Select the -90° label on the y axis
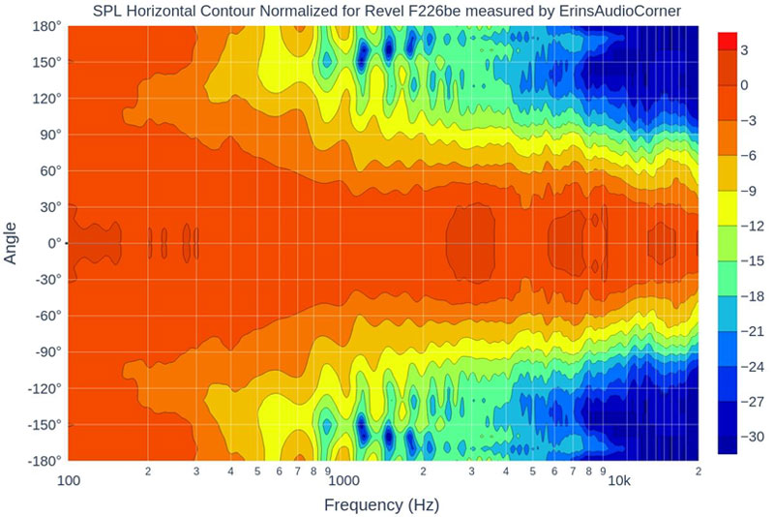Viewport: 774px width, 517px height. point(45,351)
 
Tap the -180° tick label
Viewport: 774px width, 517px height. point(44,460)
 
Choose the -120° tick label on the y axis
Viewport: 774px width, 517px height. point(44,387)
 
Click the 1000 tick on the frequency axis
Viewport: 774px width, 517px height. point(342,479)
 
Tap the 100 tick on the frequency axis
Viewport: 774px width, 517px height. point(69,479)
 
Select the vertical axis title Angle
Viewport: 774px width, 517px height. point(12,243)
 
